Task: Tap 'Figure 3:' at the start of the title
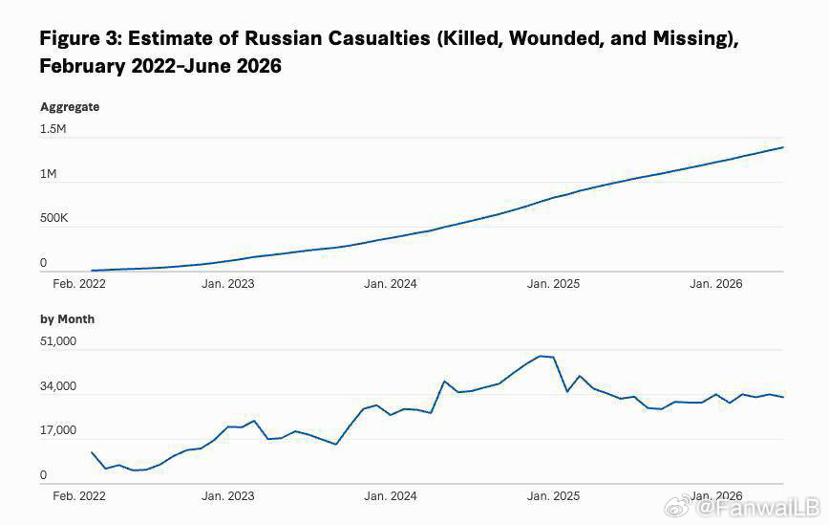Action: pyautogui.click(x=81, y=38)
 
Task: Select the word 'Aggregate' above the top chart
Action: pyautogui.click(x=70, y=107)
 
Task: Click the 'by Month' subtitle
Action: pyautogui.click(x=67, y=319)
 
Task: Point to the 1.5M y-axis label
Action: pyautogui.click(x=53, y=129)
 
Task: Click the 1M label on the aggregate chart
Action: pyautogui.click(x=48, y=174)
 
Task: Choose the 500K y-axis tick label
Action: pyautogui.click(x=53, y=218)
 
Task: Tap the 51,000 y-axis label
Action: pyautogui.click(x=58, y=341)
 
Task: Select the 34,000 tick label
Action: pyautogui.click(x=58, y=386)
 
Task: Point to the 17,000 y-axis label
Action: pyautogui.click(x=58, y=430)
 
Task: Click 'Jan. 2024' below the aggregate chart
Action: pyautogui.click(x=391, y=284)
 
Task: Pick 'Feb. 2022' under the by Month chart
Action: pyautogui.click(x=78, y=496)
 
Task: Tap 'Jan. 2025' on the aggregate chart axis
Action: pyautogui.click(x=553, y=284)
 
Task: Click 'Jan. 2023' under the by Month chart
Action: pyautogui.click(x=228, y=496)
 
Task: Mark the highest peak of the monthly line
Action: pyautogui.click(x=541, y=356)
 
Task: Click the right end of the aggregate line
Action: pyautogui.click(x=783, y=147)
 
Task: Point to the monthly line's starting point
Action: pyautogui.click(x=92, y=452)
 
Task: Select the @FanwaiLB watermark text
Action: pyautogui.click(x=757, y=509)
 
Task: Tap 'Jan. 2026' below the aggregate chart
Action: pyautogui.click(x=716, y=284)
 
